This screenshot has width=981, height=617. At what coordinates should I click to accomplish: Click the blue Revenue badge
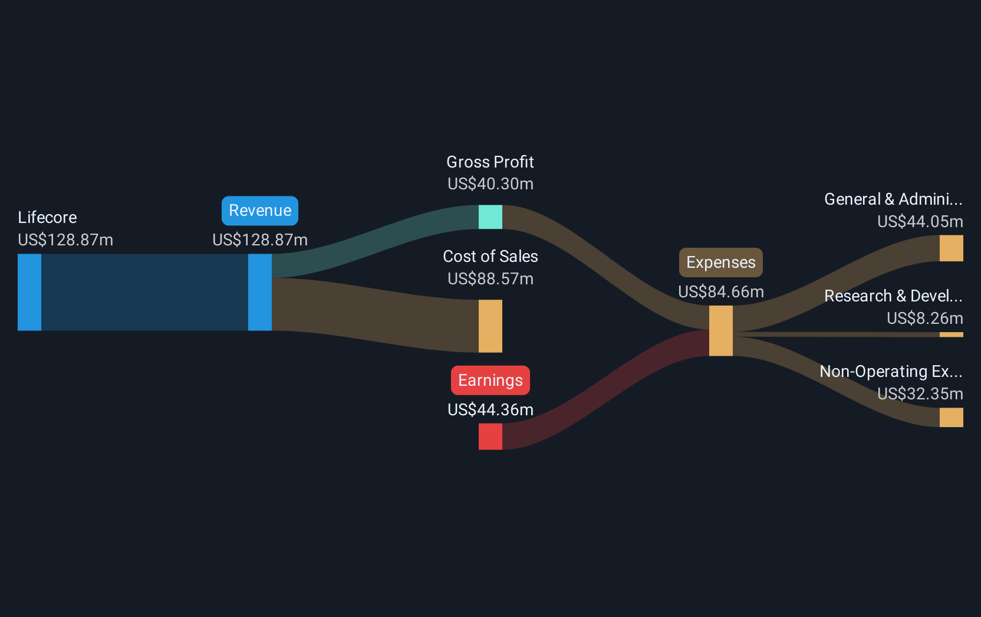click(260, 211)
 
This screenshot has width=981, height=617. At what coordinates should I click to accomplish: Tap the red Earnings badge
click(490, 380)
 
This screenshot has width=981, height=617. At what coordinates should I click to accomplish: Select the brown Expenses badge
click(720, 262)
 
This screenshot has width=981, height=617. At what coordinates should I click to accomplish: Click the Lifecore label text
click(47, 218)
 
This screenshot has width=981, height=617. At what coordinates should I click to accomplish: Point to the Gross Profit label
click(490, 162)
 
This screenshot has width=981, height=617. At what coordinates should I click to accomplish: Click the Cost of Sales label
click(490, 257)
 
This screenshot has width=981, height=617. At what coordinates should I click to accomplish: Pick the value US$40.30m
click(490, 184)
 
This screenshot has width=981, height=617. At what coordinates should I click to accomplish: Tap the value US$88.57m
click(490, 278)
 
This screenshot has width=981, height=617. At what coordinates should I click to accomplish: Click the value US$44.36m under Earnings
click(490, 410)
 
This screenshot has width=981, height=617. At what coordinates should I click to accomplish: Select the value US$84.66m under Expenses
click(720, 292)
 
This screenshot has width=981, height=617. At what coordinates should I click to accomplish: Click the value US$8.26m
click(924, 318)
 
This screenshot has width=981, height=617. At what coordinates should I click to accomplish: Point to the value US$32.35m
click(920, 393)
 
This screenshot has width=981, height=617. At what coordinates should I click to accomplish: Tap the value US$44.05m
click(920, 222)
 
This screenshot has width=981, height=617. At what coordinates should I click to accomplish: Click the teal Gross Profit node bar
click(490, 217)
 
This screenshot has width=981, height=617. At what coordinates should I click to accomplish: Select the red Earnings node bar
click(490, 437)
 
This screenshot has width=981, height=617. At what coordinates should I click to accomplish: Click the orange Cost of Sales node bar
click(490, 326)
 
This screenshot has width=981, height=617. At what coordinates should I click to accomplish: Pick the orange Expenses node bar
click(720, 331)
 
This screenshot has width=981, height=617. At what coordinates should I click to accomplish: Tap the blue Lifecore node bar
click(29, 293)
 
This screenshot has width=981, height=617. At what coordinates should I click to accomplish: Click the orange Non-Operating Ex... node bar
click(951, 417)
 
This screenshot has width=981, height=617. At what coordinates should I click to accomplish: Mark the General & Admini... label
click(893, 199)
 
